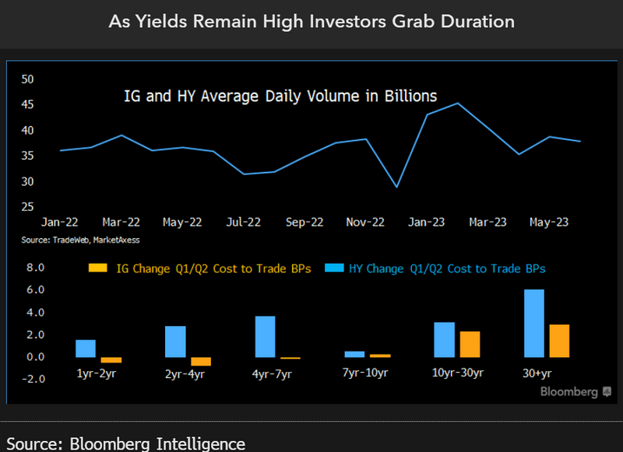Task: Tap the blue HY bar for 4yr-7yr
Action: (x=265, y=337)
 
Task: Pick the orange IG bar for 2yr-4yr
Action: (x=201, y=361)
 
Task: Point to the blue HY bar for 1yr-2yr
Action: (x=86, y=349)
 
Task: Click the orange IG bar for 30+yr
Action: (x=559, y=341)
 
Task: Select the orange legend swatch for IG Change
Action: (x=98, y=268)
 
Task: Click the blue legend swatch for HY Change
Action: (x=336, y=268)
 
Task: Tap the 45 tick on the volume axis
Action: (x=28, y=105)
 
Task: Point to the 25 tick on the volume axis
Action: (x=28, y=207)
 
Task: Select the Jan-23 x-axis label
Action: (x=427, y=222)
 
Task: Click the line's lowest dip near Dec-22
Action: (x=397, y=187)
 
